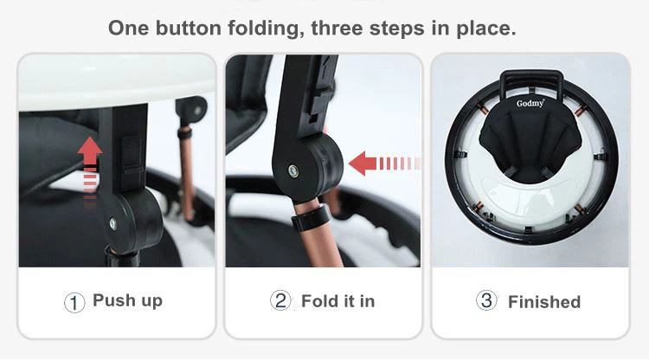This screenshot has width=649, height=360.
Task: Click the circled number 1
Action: pyautogui.click(x=75, y=302)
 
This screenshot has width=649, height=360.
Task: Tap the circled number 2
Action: pyautogui.click(x=280, y=301)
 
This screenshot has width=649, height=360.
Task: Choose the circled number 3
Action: pyautogui.click(x=486, y=301)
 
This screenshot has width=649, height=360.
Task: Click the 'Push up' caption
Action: pyautogui.click(x=127, y=301)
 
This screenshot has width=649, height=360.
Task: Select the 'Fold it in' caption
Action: pyautogui.click(x=337, y=301)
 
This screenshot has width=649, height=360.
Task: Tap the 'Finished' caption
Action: pyautogui.click(x=543, y=302)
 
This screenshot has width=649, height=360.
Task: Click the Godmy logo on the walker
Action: pyautogui.click(x=530, y=103)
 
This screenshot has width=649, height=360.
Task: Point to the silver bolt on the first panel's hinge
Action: pyautogui.click(x=112, y=223)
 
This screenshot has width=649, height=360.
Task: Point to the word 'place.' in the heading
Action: pyautogui.click(x=486, y=28)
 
